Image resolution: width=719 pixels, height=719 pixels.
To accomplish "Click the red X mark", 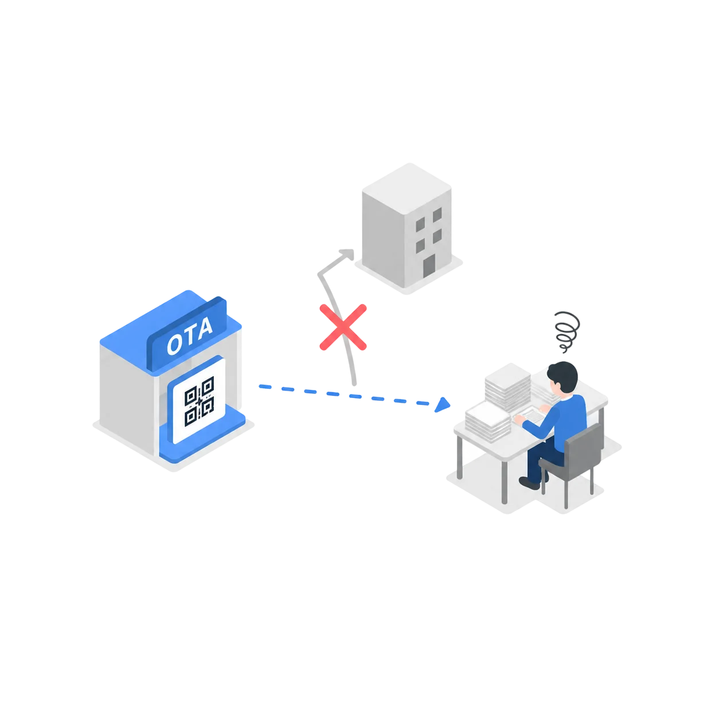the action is [343, 327].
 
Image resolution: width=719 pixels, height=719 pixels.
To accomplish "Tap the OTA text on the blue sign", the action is [190, 336].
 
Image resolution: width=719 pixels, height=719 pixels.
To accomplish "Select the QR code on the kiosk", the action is [200, 401].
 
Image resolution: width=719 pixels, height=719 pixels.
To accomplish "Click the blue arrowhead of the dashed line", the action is [442, 405].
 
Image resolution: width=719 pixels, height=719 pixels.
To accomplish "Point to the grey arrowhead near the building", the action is [347, 255].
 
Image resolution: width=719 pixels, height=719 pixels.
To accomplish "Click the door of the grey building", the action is [429, 266].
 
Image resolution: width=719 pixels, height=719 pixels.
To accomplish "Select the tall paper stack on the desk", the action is [507, 387].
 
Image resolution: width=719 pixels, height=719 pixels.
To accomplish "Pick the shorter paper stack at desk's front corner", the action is [488, 421].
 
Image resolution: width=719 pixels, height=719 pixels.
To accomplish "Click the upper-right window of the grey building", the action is [437, 214].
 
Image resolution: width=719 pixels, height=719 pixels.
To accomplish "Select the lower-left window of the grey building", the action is [420, 246].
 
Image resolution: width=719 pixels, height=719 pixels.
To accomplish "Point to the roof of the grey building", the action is [407, 189].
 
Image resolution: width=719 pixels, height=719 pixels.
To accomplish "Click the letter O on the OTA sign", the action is [174, 344].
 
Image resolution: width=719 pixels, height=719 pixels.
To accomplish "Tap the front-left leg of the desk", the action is [460, 458].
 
